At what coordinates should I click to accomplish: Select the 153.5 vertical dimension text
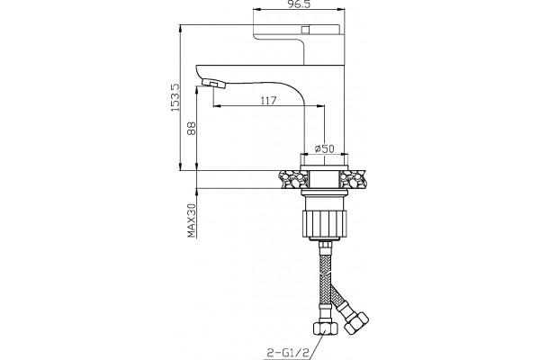(175, 97)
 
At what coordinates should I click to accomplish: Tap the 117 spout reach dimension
(268, 101)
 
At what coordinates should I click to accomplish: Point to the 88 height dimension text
(192, 128)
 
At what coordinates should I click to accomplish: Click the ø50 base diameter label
(324, 148)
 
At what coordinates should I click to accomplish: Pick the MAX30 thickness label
(192, 220)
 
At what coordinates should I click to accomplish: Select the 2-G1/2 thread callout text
(288, 353)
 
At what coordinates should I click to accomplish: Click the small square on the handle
(305, 30)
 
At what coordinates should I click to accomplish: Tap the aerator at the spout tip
(213, 83)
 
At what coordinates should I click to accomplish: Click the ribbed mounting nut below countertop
(324, 224)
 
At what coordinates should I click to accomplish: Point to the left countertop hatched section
(292, 179)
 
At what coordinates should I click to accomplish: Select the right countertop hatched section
(352, 179)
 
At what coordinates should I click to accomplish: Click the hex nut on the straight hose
(325, 328)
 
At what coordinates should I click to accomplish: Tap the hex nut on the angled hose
(356, 323)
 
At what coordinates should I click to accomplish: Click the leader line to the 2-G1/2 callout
(317, 341)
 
